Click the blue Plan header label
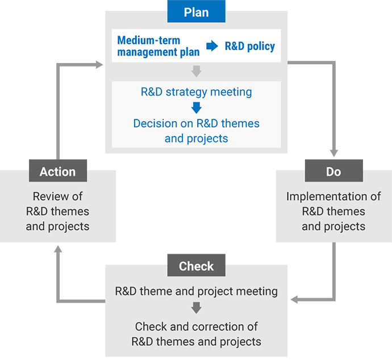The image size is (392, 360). point(196,12)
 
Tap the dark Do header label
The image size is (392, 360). point(333,171)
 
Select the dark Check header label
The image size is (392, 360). point(196,266)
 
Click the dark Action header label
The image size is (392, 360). point(57,171)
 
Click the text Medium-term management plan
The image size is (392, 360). point(158,46)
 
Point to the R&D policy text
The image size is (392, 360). point(249,46)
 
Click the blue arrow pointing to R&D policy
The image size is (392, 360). point(212,47)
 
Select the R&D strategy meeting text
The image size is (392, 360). point(196,92)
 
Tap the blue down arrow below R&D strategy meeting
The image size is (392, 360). point(196,107)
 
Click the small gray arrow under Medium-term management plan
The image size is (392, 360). point(196,71)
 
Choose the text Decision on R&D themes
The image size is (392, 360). point(196,123)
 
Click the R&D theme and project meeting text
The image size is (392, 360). point(196,291)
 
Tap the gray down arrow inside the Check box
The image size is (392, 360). point(196,308)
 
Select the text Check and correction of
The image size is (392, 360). point(196,326)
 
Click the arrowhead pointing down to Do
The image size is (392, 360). point(333,153)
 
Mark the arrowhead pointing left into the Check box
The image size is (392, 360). point(294,299)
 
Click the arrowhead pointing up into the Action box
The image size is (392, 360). point(57,248)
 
